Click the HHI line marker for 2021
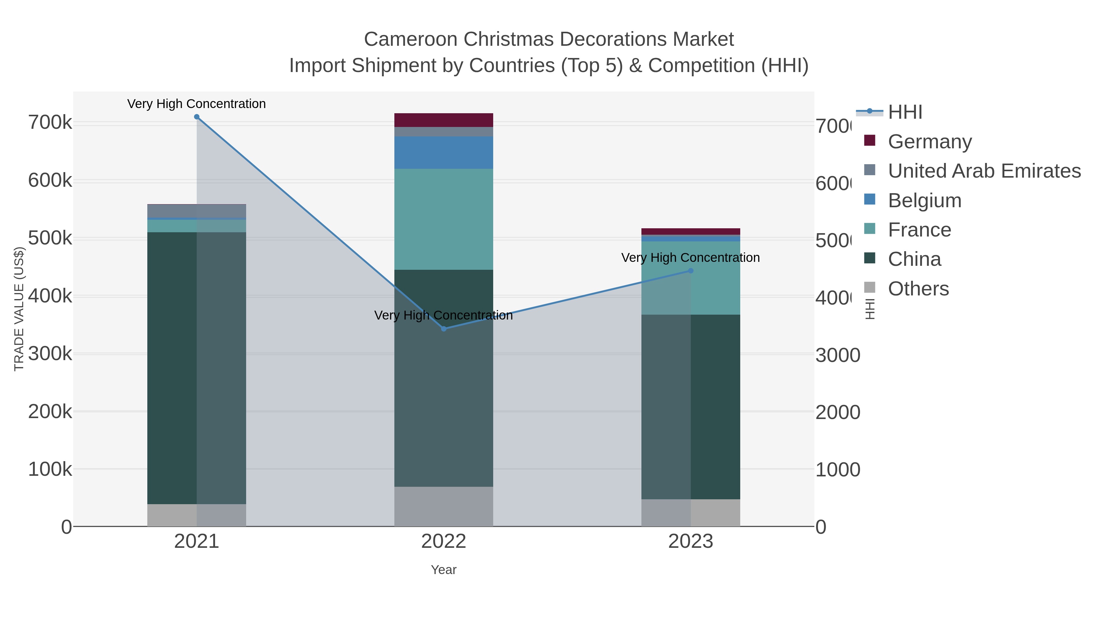(196, 117)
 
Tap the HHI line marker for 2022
(444, 329)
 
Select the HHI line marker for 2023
(691, 271)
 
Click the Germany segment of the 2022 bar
(444, 120)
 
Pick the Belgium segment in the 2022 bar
(444, 153)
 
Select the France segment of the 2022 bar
(444, 219)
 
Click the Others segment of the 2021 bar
(196, 515)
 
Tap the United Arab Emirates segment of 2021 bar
(196, 211)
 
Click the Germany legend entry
(929, 142)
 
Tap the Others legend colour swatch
(870, 287)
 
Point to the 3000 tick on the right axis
(838, 355)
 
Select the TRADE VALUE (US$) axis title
(19, 309)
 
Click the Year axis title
(444, 570)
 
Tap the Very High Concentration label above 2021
(196, 104)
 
